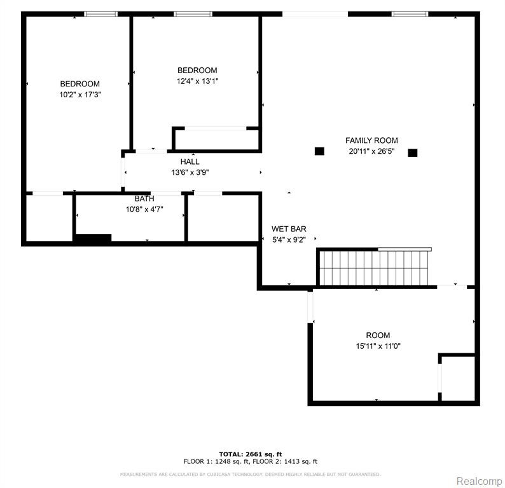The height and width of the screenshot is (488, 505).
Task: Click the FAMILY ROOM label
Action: tap(371, 140)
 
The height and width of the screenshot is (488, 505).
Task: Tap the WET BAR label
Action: tap(289, 229)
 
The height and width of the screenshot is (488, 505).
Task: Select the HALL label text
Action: tap(190, 161)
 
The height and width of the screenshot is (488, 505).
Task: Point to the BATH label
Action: tap(144, 198)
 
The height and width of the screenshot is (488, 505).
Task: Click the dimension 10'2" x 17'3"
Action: tap(80, 95)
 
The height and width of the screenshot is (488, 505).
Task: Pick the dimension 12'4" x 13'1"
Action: tap(197, 81)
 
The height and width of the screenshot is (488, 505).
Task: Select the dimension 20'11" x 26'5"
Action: tap(371, 151)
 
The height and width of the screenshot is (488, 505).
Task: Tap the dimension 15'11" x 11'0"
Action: tap(378, 346)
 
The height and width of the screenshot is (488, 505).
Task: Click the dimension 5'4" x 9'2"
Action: tap(289, 240)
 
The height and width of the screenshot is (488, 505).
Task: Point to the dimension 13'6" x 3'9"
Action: tap(190, 172)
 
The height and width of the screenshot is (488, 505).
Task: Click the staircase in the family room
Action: tap(374, 267)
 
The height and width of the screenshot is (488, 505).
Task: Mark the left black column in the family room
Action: tap(319, 151)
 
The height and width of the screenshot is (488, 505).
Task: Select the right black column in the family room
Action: tap(413, 152)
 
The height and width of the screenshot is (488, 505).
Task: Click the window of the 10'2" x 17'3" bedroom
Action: tap(100, 14)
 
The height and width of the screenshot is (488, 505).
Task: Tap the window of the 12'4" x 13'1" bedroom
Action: tap(193, 14)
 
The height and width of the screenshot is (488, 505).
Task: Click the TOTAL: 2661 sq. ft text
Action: tap(250, 454)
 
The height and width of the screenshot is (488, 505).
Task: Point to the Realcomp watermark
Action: tap(479, 481)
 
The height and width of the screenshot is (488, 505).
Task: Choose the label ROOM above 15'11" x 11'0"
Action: tap(378, 335)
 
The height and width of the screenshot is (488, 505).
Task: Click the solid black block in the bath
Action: tap(93, 238)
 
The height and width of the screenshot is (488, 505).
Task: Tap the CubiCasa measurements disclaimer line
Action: tap(250, 474)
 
